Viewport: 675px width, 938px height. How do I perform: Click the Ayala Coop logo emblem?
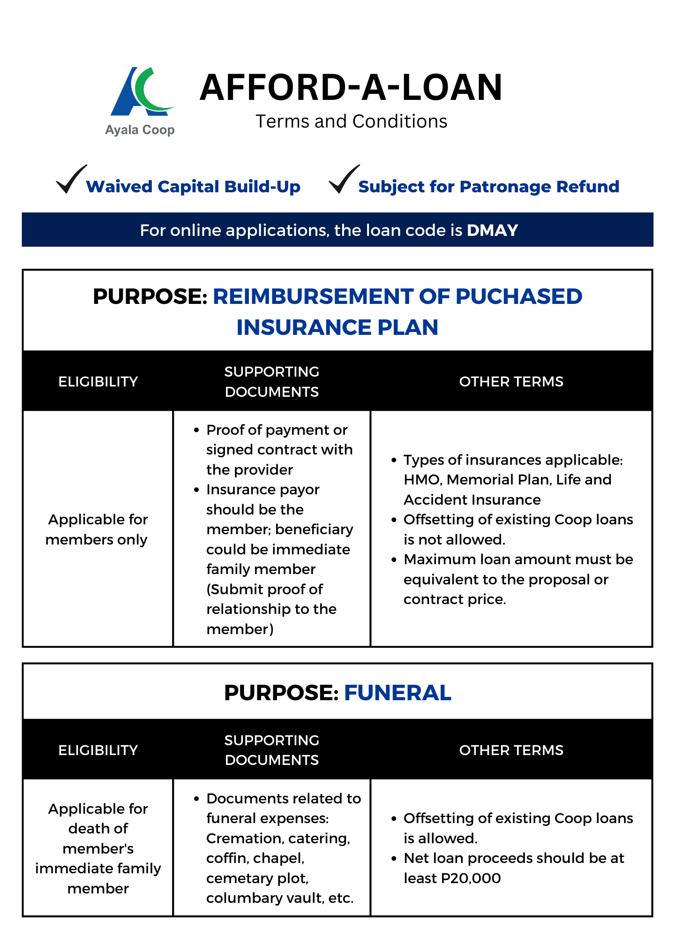coord(141,92)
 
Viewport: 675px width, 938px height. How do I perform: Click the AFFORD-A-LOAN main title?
coord(351,88)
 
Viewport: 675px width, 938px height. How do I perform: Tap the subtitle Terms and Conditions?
coord(351,121)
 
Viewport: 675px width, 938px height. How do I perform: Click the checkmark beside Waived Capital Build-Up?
coord(71,179)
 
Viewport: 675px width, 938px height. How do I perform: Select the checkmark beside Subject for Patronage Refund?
coord(344,179)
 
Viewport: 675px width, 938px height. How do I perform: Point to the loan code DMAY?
coord(492,230)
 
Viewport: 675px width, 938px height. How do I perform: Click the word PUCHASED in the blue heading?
coord(519,296)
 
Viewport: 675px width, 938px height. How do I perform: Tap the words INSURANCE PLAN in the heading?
coord(337,327)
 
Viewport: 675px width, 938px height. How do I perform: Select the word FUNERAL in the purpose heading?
coord(397,693)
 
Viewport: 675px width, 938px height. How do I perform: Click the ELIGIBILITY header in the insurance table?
coord(98,382)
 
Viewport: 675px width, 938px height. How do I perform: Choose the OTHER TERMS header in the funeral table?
coord(511,750)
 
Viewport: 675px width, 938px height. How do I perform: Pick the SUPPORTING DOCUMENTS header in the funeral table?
coord(272,750)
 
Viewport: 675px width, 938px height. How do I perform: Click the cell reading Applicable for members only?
coord(97,530)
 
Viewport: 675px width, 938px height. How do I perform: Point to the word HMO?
coord(422,480)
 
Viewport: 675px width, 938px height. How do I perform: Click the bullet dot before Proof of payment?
coord(196,430)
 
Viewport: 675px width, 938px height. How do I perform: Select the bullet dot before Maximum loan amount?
coord(394,560)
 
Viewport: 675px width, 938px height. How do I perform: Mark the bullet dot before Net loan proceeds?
coord(394,858)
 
